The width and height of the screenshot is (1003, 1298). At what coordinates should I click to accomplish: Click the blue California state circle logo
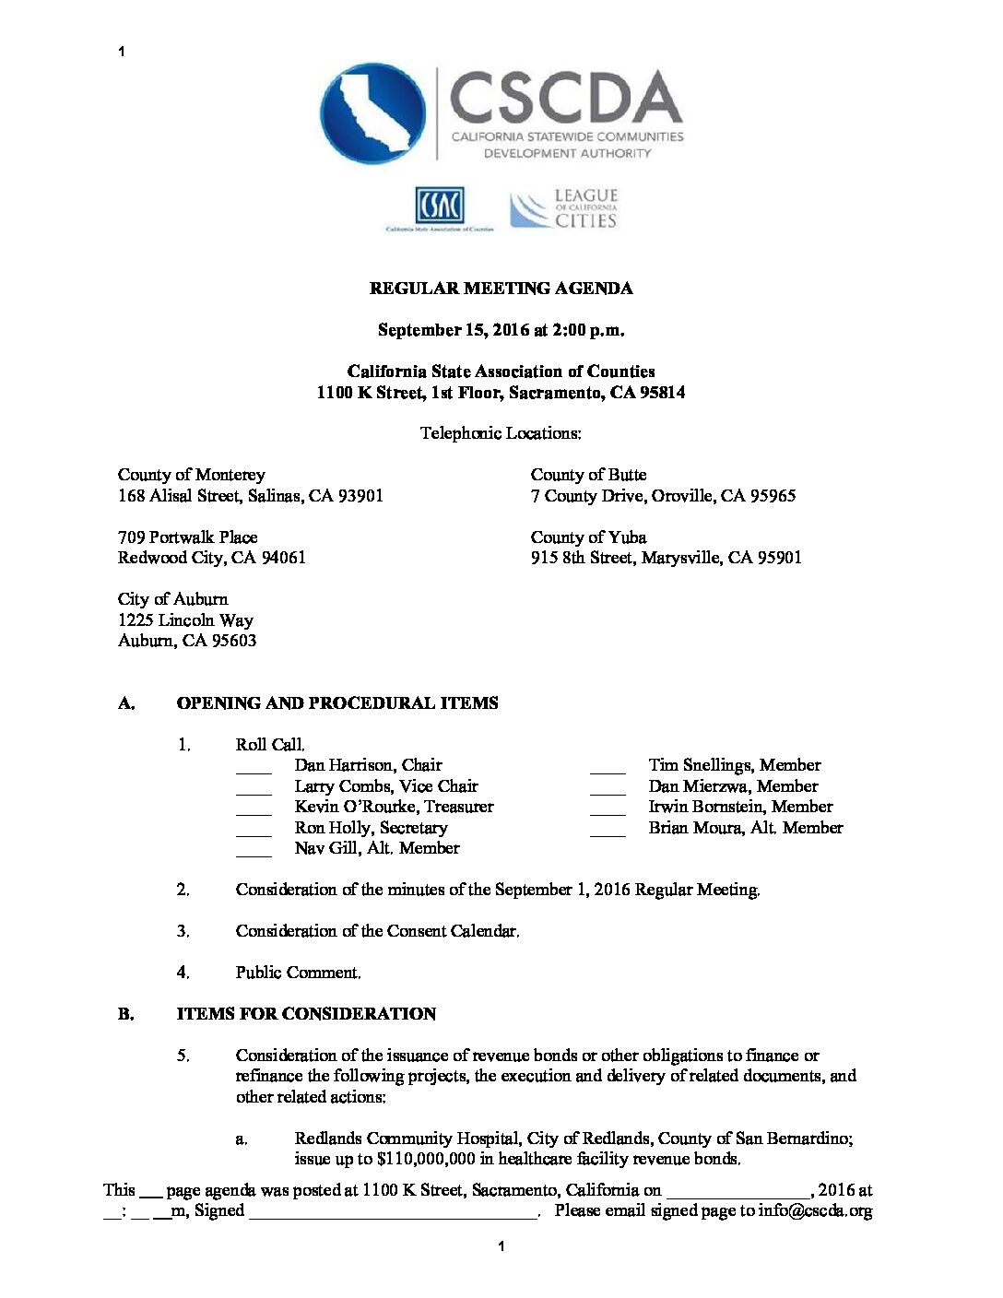[373, 112]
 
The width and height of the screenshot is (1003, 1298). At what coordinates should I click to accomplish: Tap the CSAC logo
[439, 207]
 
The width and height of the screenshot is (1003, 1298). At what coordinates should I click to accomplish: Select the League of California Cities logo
[564, 208]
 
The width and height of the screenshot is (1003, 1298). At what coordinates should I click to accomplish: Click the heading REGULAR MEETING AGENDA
[501, 289]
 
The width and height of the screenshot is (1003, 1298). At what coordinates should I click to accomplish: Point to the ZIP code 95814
[663, 393]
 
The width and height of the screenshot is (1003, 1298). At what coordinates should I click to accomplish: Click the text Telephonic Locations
[501, 433]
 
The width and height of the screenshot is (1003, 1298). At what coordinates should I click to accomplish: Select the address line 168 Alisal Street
[250, 496]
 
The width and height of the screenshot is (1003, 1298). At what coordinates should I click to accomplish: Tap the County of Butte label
[588, 475]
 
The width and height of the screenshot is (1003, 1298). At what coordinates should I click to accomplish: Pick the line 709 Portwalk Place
[187, 537]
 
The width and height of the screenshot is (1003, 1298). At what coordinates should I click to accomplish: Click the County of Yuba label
[588, 537]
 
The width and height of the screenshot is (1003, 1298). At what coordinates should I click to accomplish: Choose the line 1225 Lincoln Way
[185, 620]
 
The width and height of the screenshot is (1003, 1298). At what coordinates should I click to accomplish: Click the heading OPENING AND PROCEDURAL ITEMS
[337, 703]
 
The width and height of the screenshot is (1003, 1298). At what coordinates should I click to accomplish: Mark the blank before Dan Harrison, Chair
[254, 767]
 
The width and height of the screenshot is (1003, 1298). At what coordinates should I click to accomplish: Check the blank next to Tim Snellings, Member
[608, 767]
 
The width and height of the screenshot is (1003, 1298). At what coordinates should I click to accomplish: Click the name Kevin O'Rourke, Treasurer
[394, 807]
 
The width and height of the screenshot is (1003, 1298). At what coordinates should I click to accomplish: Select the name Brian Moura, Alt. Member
[745, 828]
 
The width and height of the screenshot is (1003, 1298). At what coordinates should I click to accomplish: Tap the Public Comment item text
[298, 973]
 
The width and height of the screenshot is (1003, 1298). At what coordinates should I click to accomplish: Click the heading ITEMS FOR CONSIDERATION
[306, 1014]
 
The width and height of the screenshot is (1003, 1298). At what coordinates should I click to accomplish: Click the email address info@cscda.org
[815, 1211]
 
